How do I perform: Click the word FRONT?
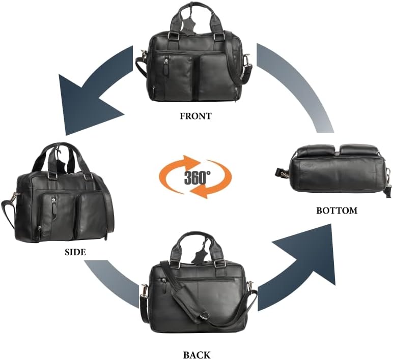click(x=196, y=116)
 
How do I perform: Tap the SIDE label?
click(x=75, y=252)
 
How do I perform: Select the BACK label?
click(x=196, y=355)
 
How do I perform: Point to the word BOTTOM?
click(x=336, y=211)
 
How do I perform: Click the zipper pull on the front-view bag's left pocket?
click(x=166, y=66)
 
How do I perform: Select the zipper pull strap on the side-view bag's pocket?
click(x=54, y=208)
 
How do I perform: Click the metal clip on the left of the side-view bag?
click(x=14, y=198)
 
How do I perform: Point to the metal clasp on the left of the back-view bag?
click(x=145, y=291)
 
